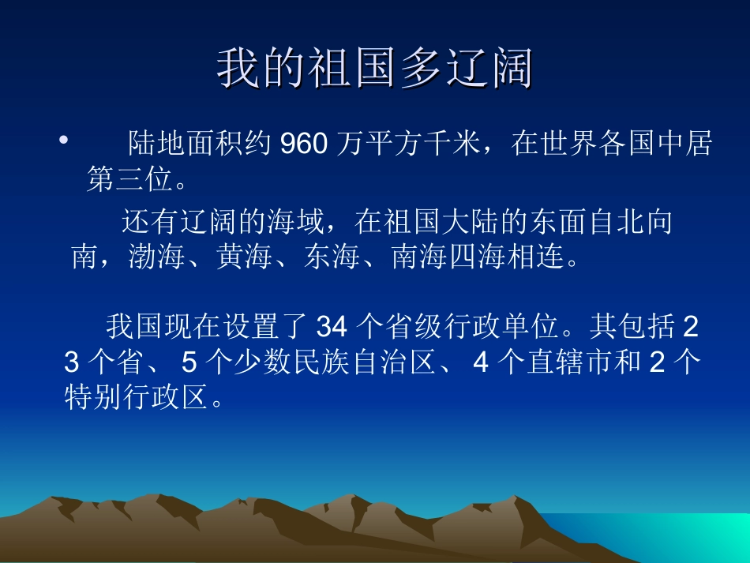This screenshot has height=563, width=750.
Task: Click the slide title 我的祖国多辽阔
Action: click(375, 69)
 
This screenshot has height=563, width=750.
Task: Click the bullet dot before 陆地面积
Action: click(63, 141)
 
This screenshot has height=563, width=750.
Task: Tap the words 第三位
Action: click(129, 180)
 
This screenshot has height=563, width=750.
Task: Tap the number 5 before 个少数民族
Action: click(189, 362)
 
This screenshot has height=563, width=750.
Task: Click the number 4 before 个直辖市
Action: click(481, 362)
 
